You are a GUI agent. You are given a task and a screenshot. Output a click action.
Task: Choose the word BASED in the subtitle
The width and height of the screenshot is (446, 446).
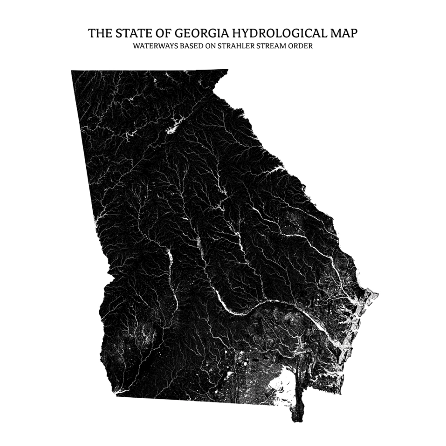[x=189, y=46]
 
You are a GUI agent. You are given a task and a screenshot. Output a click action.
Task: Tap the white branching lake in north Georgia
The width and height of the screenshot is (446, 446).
[x=173, y=126]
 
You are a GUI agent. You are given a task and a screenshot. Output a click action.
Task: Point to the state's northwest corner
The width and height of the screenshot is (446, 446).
[x=72, y=71]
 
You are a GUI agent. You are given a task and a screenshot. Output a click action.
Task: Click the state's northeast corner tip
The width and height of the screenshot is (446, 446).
[x=227, y=70]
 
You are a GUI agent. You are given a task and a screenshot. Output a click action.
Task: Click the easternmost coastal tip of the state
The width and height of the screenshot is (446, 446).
[x=377, y=294]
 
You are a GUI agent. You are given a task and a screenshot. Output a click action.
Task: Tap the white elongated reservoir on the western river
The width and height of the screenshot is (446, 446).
[x=169, y=258]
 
